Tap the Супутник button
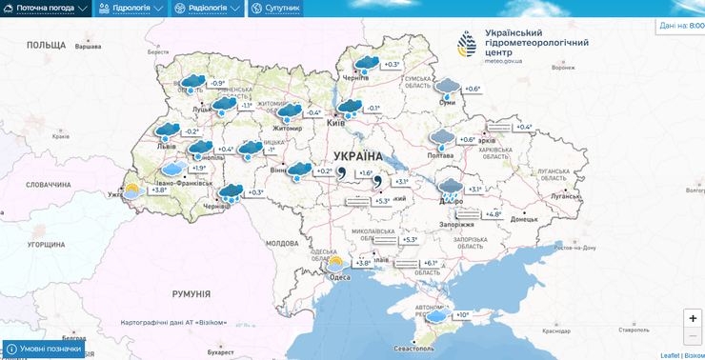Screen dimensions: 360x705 (275, 8)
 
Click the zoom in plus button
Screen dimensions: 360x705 (693, 318)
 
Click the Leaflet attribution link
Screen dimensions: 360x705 (671, 355)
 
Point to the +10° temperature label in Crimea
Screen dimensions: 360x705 (462, 315)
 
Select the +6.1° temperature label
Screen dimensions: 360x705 (430, 263)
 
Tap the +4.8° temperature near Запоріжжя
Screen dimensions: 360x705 (493, 214)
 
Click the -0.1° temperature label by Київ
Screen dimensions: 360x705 (373, 108)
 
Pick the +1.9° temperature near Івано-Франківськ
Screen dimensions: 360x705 (198, 168)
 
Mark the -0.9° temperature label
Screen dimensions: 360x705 (218, 83)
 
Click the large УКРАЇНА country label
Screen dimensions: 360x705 (357, 156)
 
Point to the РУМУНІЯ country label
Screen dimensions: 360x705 (191, 295)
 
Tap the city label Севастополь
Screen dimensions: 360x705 (414, 349)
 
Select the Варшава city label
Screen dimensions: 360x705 (88, 47)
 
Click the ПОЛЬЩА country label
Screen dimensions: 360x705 (46, 45)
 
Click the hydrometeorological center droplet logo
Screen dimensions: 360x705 (467, 44)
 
